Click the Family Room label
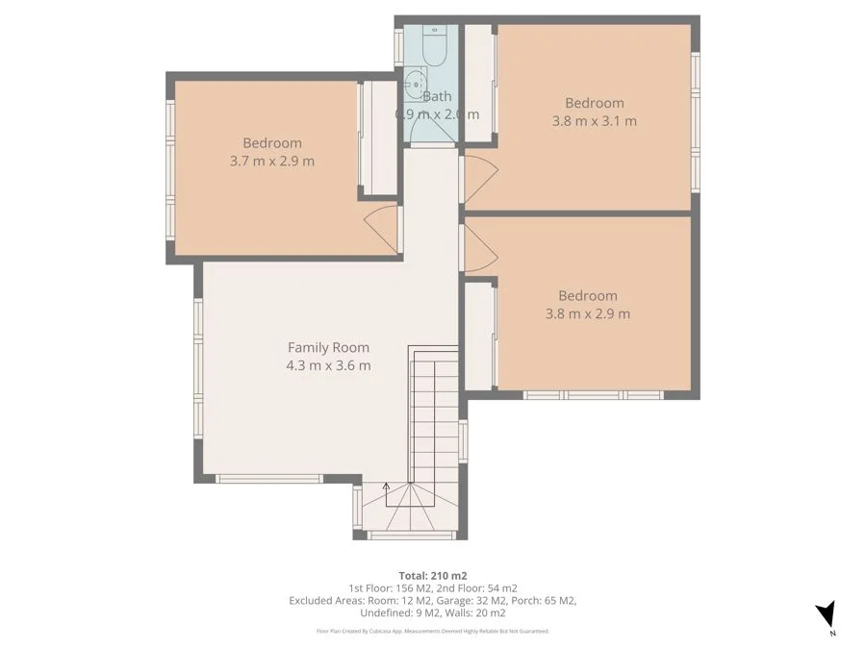328,347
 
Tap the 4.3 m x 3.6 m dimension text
328,365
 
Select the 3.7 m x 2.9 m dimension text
271,161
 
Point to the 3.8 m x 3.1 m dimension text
594,121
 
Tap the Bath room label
437,96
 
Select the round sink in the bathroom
416,85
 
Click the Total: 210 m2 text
432,575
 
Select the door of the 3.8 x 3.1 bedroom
479,179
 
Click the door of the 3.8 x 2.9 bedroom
479,248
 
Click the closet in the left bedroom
379,137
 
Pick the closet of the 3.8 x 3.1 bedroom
478,84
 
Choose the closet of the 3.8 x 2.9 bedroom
479,334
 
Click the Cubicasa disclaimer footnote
432,631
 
